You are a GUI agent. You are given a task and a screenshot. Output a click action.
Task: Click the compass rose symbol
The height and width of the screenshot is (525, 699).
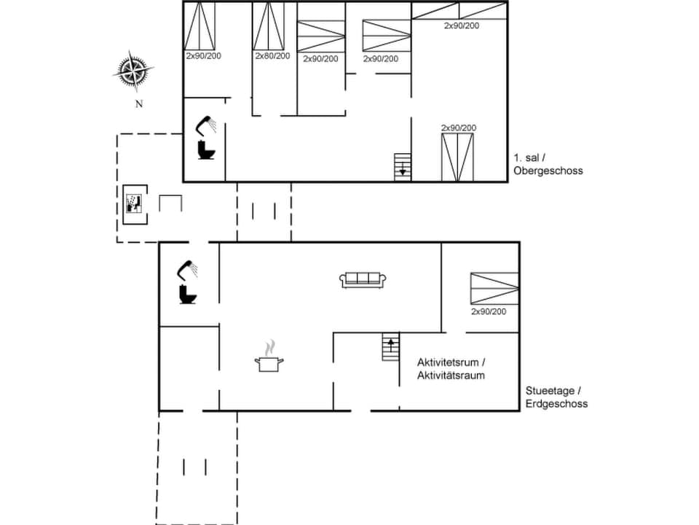coord(133,71)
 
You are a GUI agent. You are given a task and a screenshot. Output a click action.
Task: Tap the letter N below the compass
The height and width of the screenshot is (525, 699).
coord(138,104)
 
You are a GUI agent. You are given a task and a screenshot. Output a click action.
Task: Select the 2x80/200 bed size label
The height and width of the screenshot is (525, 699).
coord(272,56)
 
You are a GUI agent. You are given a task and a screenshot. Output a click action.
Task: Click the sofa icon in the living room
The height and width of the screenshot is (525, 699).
coord(363,279)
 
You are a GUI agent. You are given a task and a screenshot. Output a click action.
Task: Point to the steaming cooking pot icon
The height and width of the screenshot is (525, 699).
coord(269,358)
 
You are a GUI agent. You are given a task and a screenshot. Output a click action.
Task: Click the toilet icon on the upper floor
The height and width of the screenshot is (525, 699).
coord(207,150)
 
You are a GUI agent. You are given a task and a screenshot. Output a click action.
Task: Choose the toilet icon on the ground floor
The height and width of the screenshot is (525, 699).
coord(188,294)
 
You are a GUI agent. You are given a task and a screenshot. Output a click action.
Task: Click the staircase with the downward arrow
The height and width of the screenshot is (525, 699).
coord(403,166)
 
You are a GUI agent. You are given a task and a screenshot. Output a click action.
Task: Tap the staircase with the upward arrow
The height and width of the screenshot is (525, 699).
coord(391,346)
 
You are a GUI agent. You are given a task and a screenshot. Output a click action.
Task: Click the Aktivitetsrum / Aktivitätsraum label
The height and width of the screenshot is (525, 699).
coord(451,369)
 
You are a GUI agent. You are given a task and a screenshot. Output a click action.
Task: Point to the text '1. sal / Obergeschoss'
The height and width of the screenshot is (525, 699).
coord(548,164)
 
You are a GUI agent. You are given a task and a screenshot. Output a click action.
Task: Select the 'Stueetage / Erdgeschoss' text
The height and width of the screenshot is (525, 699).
coord(556,397)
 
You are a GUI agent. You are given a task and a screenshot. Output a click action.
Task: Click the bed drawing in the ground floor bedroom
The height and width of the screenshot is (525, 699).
coord(494,288)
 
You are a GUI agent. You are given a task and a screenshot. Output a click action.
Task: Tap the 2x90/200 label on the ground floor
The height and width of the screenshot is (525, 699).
coord(489,312)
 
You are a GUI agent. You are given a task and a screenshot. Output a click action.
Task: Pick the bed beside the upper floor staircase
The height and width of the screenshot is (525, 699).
coord(458,157)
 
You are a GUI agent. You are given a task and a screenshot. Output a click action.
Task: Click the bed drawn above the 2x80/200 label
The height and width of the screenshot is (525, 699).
coord(269,26)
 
